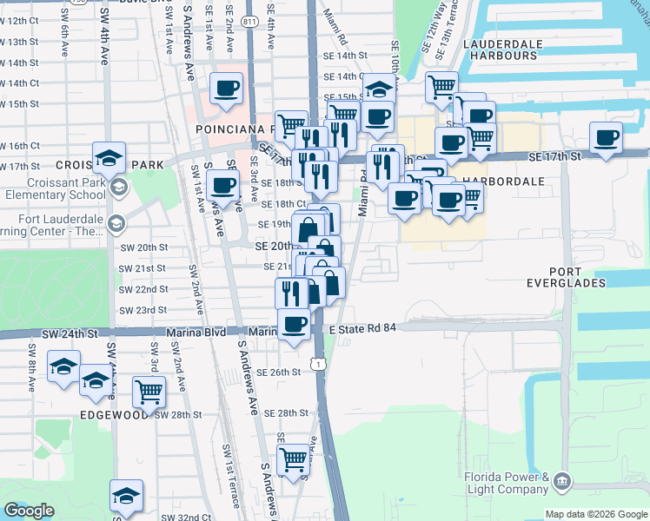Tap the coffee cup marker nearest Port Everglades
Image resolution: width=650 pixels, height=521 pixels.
coord(606,136)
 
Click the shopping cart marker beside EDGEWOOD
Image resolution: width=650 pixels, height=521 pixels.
coord(149,392)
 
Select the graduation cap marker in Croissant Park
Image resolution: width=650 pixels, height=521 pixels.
coord(109,157)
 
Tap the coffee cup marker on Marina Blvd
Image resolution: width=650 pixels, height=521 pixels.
coord(294,325)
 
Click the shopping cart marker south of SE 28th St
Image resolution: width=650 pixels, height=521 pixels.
coord(293,458)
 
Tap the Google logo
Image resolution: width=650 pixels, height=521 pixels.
coord(29,511)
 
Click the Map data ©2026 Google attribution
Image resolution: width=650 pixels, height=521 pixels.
coord(596,514)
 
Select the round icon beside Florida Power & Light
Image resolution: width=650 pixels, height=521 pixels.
coord(562,480)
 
